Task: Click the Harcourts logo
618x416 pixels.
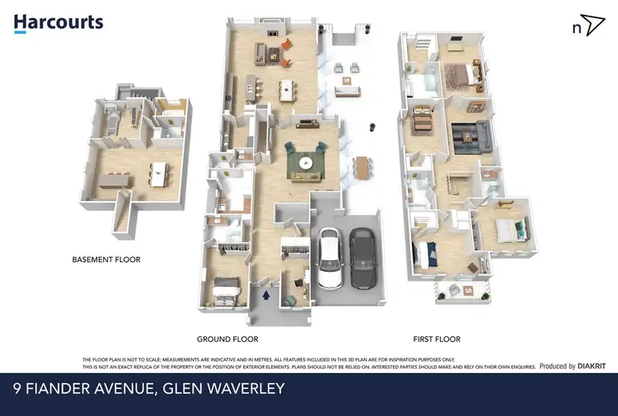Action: coord(59,23)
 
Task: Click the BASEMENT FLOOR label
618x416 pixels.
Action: coord(106,259)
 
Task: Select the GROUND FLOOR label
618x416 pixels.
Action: coord(227,339)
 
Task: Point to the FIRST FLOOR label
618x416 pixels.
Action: coord(436,339)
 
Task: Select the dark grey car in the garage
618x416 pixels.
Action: coord(362,257)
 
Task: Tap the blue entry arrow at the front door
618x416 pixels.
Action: coord(266,292)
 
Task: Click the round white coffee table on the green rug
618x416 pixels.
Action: coord(307,162)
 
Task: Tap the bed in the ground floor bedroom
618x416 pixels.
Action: coord(226,289)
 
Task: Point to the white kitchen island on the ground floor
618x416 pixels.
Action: coord(287,88)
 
